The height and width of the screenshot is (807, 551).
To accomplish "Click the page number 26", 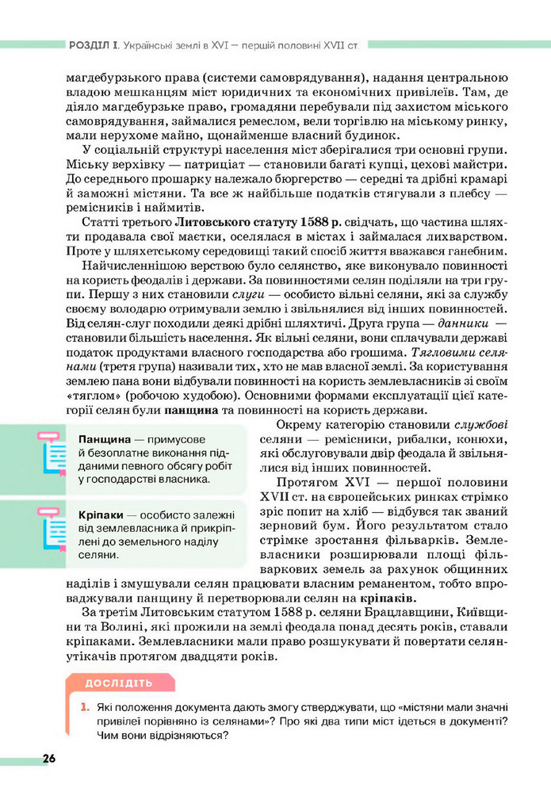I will pos(49,759).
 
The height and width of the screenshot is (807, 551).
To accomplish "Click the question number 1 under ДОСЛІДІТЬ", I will pos(82,706).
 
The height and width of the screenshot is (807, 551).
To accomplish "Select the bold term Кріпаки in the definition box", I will pos(104,514).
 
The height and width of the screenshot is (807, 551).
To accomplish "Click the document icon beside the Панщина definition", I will pos(52,453).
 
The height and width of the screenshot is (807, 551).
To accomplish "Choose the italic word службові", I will pos(481,424).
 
